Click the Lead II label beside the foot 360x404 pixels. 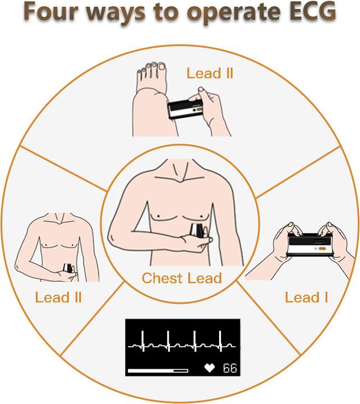(210, 74)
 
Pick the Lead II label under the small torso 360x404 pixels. (58, 297)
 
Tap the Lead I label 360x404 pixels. (306, 297)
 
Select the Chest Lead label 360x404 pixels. (182, 277)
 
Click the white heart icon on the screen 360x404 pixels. (211, 369)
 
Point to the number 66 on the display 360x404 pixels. (230, 369)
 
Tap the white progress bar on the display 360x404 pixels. (158, 370)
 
